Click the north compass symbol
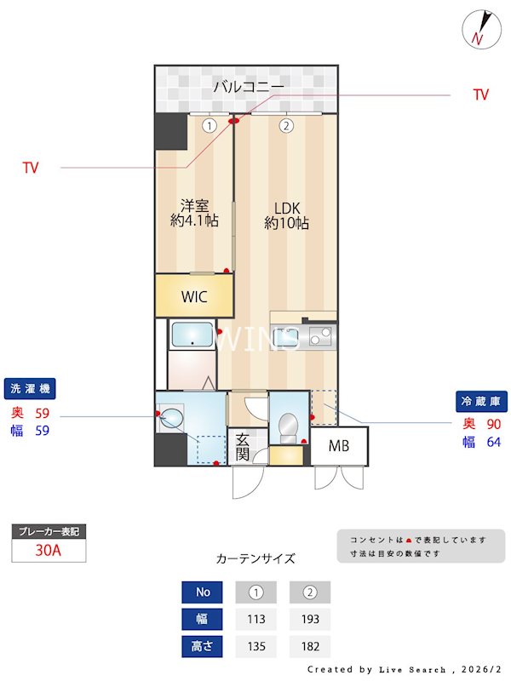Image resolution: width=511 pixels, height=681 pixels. [x=479, y=30]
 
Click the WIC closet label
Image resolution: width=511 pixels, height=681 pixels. [x=194, y=297]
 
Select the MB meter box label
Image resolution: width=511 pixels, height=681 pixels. [x=339, y=446]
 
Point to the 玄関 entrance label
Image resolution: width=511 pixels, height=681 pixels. [x=242, y=446]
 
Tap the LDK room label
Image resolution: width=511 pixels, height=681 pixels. [x=286, y=215]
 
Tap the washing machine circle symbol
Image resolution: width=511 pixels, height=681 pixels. [x=171, y=417]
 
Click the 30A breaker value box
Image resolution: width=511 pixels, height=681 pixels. [x=49, y=550]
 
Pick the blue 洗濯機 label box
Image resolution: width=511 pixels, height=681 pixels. [x=30, y=389]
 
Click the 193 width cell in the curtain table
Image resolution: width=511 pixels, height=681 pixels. [x=310, y=620]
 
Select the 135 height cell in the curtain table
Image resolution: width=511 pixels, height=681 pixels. [x=256, y=646]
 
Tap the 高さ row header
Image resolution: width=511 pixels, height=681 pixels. [x=203, y=646]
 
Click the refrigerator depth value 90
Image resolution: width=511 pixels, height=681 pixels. [x=493, y=423]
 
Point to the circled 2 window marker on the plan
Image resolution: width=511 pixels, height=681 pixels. [x=287, y=126]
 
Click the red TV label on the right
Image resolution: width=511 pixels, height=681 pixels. [x=481, y=95]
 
